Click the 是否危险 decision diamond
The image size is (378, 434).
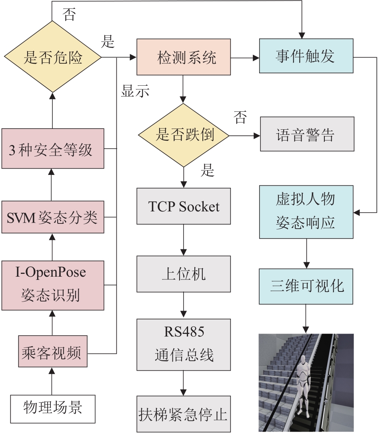pos(52,57)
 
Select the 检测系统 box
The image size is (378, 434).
pos(184,57)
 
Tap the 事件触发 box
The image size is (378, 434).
pos(306,56)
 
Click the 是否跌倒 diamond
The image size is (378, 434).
pos(184,135)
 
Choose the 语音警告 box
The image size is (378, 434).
pos(307,134)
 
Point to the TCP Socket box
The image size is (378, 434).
pos(184,206)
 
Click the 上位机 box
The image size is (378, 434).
pos(184,274)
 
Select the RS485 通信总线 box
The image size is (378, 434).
pos(184,345)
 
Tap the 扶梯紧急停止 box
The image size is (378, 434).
pos(184,414)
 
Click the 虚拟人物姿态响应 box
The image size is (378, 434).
pos(306,212)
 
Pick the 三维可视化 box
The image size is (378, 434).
pos(306,287)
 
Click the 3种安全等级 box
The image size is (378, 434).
pos(53,149)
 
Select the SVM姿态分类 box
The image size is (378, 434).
pos(53,217)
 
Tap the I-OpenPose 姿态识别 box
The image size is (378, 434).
pos(53,285)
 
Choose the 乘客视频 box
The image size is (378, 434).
pos(53,351)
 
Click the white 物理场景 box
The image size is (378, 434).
pos(53,409)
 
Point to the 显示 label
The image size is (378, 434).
pos(135,91)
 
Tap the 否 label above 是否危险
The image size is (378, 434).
pos(69,14)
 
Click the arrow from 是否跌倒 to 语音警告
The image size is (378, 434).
pos(245,136)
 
